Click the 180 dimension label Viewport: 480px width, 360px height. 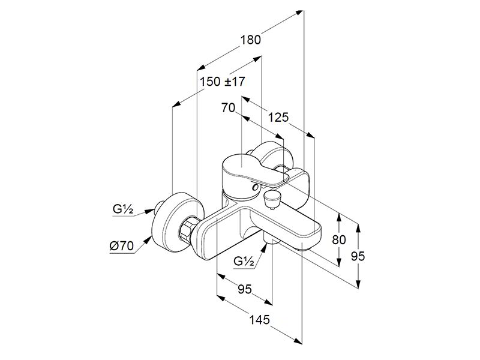250,40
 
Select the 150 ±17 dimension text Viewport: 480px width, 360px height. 223,82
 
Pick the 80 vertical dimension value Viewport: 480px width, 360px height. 339,239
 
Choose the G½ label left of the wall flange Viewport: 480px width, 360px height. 122,209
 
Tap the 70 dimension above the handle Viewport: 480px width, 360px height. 227,109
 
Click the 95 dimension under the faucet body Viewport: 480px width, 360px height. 244,290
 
